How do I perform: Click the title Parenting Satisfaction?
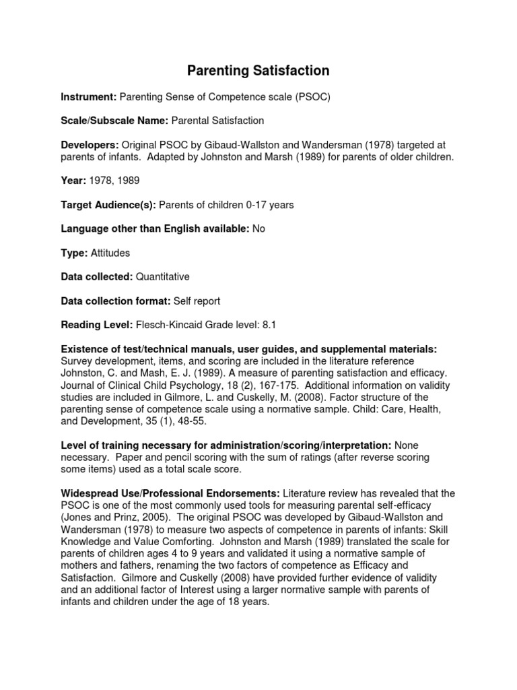pyautogui.click(x=258, y=71)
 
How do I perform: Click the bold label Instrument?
pyautogui.click(x=89, y=97)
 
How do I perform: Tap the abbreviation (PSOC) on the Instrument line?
pyautogui.click(x=312, y=97)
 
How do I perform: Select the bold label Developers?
pyautogui.click(x=90, y=145)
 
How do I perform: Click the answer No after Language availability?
pyautogui.click(x=258, y=228)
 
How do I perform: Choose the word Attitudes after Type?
pyautogui.click(x=110, y=253)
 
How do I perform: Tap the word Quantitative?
pyautogui.click(x=163, y=277)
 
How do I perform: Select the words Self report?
pyautogui.click(x=197, y=301)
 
